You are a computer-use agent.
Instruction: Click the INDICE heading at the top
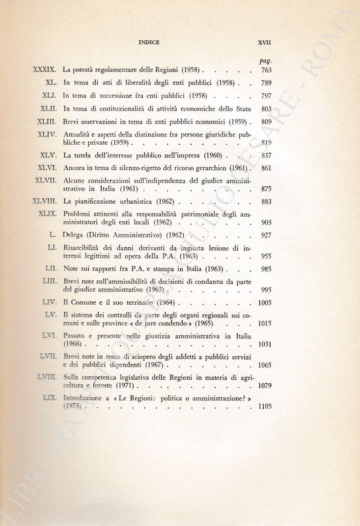point(149,43)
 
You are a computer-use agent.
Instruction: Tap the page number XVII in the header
point(265,43)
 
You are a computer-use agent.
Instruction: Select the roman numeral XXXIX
point(46,70)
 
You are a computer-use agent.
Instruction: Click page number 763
point(266,70)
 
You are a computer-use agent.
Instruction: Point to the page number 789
point(266,83)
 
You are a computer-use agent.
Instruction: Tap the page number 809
point(266,121)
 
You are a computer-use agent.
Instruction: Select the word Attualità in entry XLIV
point(78,134)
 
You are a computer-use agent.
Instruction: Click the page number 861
point(266,168)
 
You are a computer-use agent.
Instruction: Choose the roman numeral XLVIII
point(46,201)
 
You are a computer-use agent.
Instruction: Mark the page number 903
point(266,222)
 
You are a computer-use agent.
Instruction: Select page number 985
point(266,269)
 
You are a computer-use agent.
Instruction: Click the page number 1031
point(264,344)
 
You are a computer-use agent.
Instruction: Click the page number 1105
point(264,406)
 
